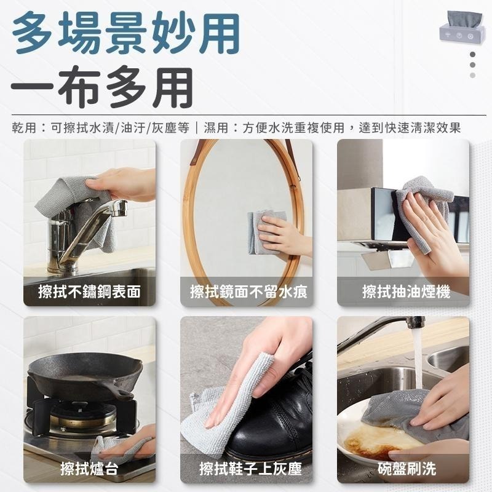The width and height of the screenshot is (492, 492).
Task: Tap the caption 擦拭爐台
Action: click(x=90, y=469)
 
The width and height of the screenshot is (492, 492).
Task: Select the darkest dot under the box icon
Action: click(x=472, y=54)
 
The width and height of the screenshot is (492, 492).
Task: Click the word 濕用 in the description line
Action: click(x=216, y=128)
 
